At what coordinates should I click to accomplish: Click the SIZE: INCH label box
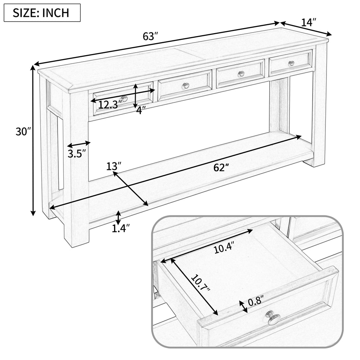pyautogui.click(x=42, y=13)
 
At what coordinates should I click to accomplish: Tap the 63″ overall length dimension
pyautogui.click(x=150, y=36)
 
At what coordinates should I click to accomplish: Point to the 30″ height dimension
pyautogui.click(x=22, y=132)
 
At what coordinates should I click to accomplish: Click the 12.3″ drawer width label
pyautogui.click(x=108, y=105)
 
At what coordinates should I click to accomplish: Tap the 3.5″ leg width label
pyautogui.click(x=77, y=154)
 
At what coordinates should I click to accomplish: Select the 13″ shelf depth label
pyautogui.click(x=113, y=166)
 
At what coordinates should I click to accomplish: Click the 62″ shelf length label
pyautogui.click(x=221, y=167)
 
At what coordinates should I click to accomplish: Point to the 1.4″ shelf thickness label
pyautogui.click(x=120, y=228)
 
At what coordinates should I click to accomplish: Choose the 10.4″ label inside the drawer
pyautogui.click(x=224, y=248)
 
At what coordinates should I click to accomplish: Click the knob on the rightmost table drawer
pyautogui.click(x=291, y=64)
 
